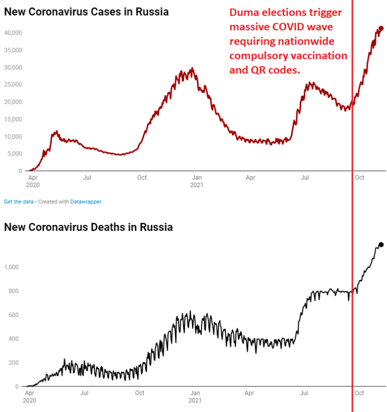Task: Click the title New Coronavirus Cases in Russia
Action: coord(86,11)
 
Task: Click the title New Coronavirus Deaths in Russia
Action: coord(88,227)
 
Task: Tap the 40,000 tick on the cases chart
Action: coord(13,33)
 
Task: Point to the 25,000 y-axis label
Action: coord(13,85)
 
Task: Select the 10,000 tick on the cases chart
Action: coord(13,136)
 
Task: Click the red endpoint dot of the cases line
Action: coord(381,29)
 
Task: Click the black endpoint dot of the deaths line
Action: coord(381,244)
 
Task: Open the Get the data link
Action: coord(19,201)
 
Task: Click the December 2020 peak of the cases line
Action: coord(191,68)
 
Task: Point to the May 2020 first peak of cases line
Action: coord(56,131)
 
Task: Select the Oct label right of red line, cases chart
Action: coord(359,177)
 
